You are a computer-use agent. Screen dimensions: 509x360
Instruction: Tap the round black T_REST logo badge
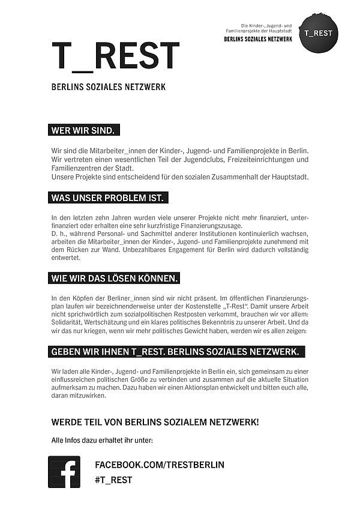point(318,32)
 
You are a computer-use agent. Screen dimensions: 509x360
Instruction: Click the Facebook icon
point(64,472)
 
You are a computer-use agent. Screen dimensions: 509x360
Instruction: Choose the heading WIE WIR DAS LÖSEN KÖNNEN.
point(114,279)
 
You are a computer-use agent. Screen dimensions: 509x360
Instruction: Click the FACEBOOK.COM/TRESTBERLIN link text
point(160,465)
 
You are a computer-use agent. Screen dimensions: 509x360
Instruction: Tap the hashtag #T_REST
point(113,480)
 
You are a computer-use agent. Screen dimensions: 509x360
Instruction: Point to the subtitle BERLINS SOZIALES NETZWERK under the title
point(109,87)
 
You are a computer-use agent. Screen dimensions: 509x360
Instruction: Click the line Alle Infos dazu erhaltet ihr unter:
point(103,441)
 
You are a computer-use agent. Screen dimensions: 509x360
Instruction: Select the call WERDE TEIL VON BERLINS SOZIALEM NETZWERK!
point(155,423)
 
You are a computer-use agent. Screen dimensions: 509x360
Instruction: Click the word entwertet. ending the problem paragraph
point(67,258)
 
